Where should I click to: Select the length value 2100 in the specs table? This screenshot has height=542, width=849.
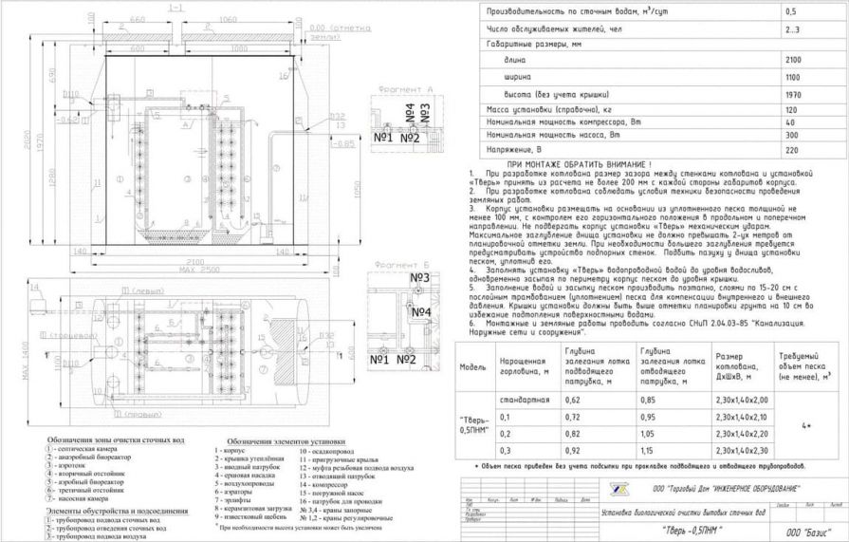(793, 60)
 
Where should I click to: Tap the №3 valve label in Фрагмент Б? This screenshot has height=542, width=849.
(421, 277)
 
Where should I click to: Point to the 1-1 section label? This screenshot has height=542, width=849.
(174, 8)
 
